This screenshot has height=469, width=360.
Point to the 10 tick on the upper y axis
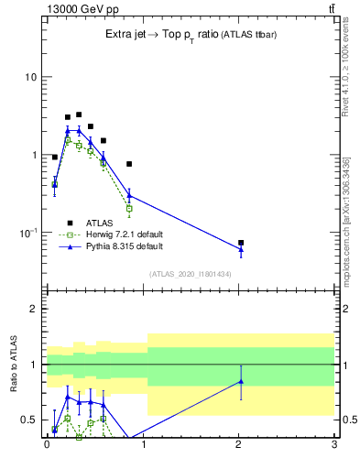(30, 77)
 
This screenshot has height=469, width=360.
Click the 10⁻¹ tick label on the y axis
(27, 234)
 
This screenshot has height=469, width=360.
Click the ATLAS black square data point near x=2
(241, 243)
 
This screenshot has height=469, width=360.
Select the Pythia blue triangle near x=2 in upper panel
(241, 249)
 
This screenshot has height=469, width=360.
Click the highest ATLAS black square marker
(79, 115)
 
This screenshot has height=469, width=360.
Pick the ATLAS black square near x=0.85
(129, 164)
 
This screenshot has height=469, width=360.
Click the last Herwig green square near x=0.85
(129, 209)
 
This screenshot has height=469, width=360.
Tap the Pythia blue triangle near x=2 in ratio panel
(241, 381)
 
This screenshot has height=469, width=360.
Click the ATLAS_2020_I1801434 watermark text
(191, 274)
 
